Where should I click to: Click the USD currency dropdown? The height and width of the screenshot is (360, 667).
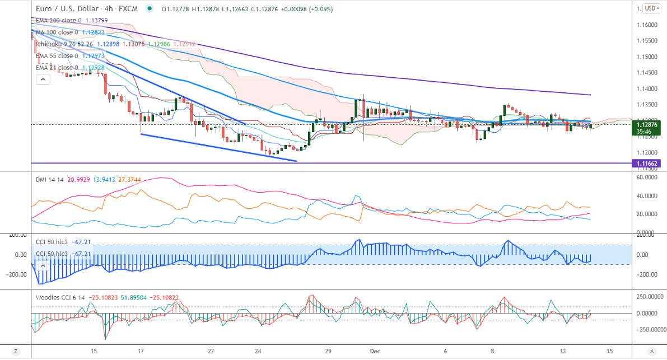tap(652, 8)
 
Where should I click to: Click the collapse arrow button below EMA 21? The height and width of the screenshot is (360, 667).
tap(43, 80)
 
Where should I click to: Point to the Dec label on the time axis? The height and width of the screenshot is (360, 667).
tap(375, 352)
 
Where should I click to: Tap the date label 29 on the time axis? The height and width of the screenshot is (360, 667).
tap(328, 352)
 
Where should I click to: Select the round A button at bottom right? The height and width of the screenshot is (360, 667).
tap(651, 351)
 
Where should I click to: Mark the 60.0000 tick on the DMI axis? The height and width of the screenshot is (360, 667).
tap(648, 177)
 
